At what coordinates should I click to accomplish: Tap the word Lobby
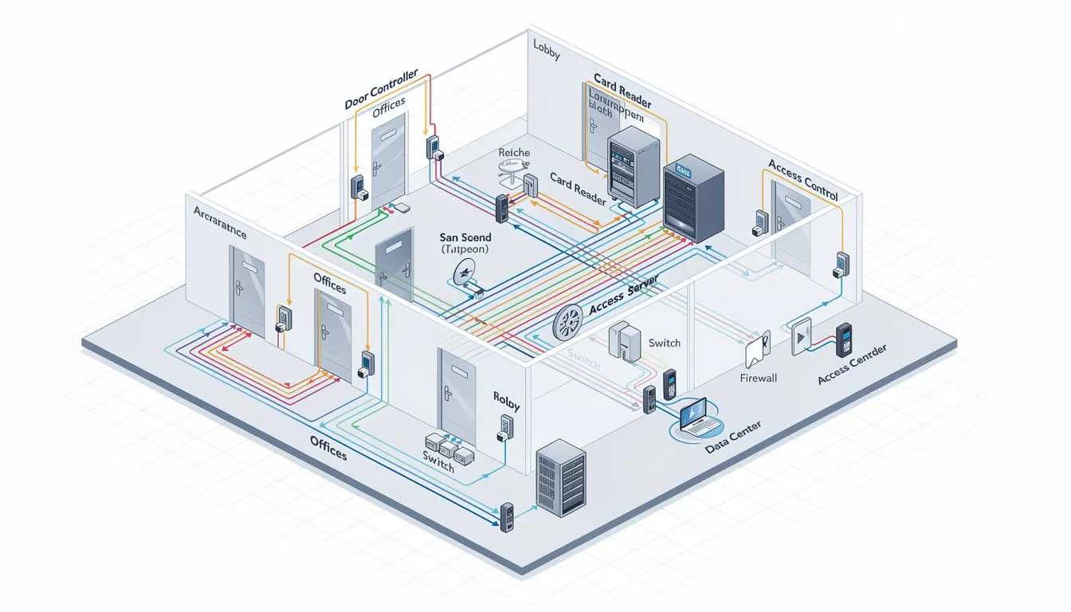547,56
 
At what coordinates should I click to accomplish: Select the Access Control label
802,178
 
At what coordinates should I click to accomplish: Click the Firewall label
758,378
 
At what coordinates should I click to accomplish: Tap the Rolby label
506,400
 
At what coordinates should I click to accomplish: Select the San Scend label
465,237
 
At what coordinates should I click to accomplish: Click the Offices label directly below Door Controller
389,112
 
